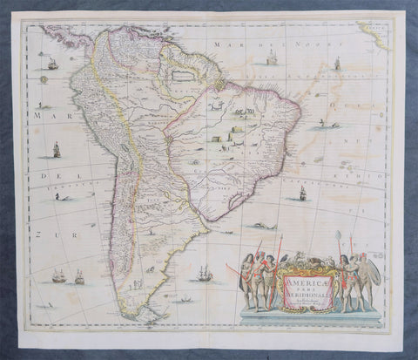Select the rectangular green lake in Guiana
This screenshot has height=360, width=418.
[x=180, y=76]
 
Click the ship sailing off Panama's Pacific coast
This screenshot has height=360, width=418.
[x=53, y=65]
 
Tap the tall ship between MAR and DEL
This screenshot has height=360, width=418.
[x=57, y=150]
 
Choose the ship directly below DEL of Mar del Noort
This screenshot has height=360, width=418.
[x=270, y=58]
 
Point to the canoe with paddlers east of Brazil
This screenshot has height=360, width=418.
[x=324, y=126]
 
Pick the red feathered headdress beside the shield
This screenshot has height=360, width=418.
[x=363, y=258]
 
